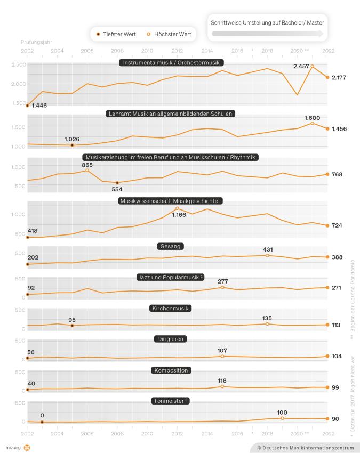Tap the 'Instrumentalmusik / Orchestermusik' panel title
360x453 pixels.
click(171, 62)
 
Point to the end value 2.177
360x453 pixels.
click(338, 78)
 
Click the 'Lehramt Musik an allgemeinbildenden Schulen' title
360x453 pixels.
click(171, 114)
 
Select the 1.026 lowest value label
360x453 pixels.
click(72, 139)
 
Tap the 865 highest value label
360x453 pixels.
click(87, 165)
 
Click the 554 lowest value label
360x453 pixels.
click(117, 189)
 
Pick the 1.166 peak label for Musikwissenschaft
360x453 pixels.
click(178, 215)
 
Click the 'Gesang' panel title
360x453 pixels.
click(171, 246)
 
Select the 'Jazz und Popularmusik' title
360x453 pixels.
click(171, 277)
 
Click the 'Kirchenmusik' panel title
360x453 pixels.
click(171, 308)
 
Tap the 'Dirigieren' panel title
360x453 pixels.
click(171, 339)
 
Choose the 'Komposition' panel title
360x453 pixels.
click(171, 370)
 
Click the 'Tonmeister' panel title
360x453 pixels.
click(171, 400)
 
